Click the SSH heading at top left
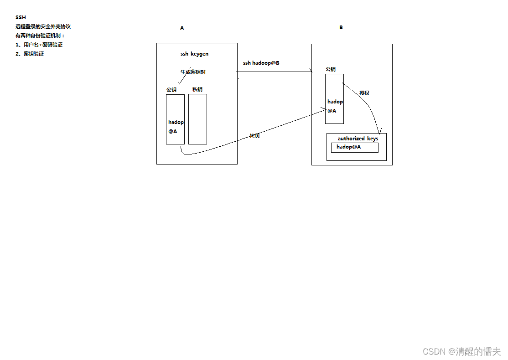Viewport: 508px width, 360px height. pyautogui.click(x=21, y=17)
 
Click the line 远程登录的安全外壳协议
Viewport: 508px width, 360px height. pyautogui.click(x=43, y=26)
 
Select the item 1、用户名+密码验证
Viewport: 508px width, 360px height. pyautogui.click(x=39, y=45)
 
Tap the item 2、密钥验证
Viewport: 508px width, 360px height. pyautogui.click(x=30, y=54)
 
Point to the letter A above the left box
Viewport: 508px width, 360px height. pyautogui.click(x=182, y=28)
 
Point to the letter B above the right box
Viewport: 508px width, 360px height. pyautogui.click(x=341, y=27)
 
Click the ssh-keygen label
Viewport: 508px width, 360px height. pyautogui.click(x=194, y=54)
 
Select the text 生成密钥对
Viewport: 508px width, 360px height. pyautogui.click(x=196, y=72)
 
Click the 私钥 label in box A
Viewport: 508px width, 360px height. pyautogui.click(x=197, y=89)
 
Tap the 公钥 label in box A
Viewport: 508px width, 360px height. pyautogui.click(x=171, y=90)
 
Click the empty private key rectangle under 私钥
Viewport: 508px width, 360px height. pyautogui.click(x=197, y=119)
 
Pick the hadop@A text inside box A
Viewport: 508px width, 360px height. pyautogui.click(x=176, y=126)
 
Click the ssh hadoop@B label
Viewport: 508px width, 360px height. pyautogui.click(x=261, y=63)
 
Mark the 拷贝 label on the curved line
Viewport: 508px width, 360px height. pyautogui.click(x=254, y=136)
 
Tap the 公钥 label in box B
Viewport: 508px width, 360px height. pyautogui.click(x=331, y=69)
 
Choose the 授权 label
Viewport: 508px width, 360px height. pyautogui.click(x=364, y=93)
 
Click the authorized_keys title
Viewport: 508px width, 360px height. pyautogui.click(x=358, y=139)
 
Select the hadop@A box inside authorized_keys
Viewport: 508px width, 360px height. pyautogui.click(x=354, y=147)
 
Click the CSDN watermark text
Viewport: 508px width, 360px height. pyautogui.click(x=461, y=351)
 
